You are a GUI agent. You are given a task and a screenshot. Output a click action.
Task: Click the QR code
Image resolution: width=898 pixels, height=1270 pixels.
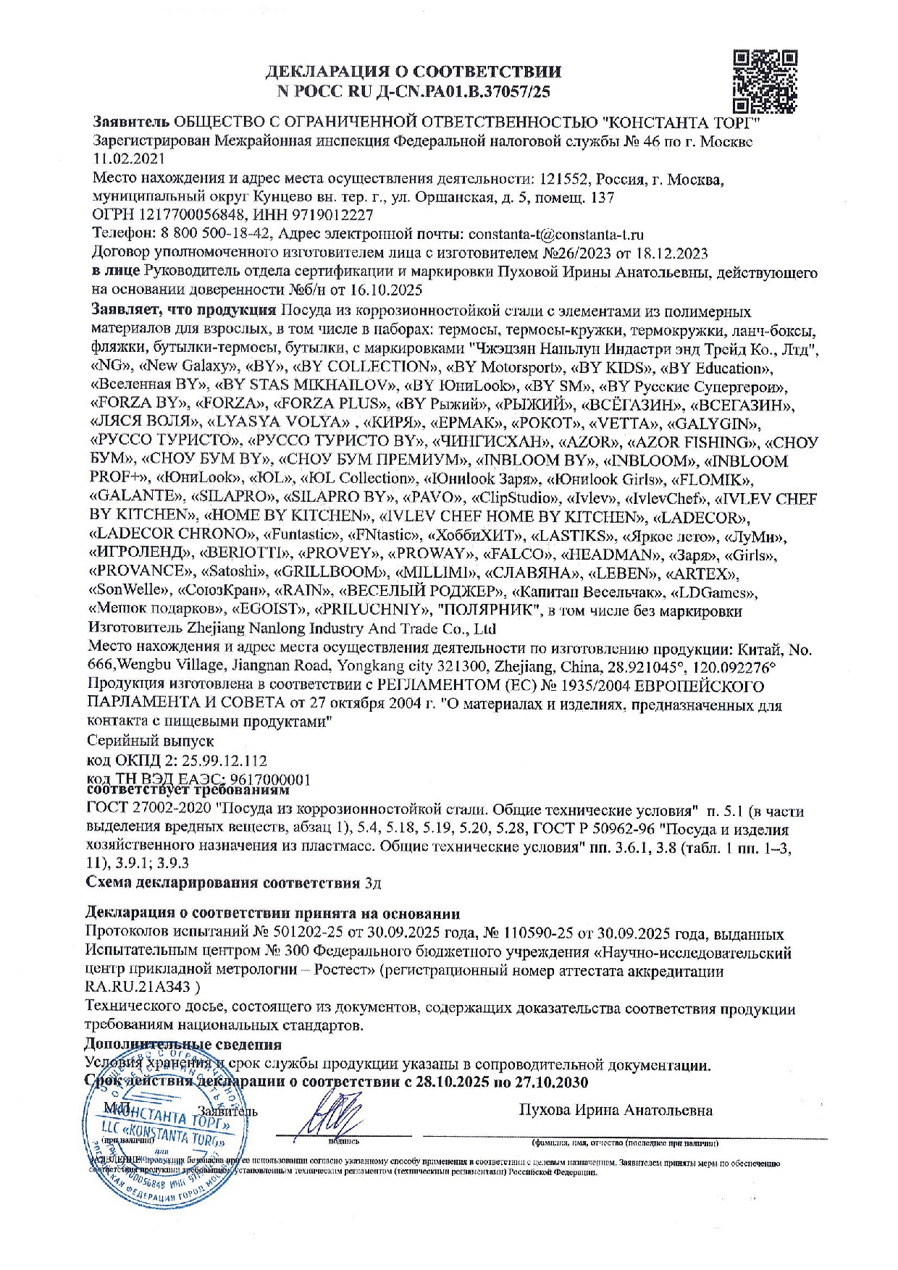coord(765,79)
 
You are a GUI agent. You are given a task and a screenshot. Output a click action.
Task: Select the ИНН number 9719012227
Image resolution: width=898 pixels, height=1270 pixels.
coord(332,215)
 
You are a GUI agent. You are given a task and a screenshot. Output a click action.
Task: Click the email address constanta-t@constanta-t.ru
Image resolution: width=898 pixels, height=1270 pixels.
coord(556,234)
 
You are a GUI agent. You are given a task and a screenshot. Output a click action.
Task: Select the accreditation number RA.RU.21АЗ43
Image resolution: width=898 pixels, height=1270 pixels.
coord(138,987)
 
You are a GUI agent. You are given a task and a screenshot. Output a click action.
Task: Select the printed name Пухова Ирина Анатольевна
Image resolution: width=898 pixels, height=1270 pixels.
coord(616,1110)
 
